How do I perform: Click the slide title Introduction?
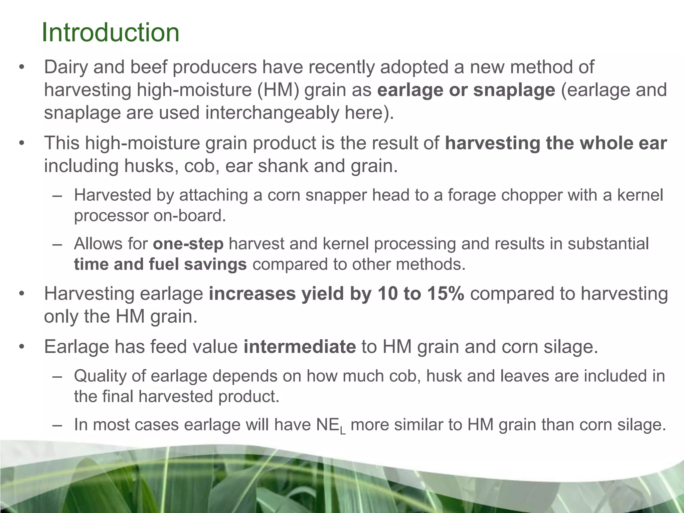coord(110,32)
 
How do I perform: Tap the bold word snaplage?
coord(514,90)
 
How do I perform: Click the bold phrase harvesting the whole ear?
coord(556,143)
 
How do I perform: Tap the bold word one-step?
coord(188,243)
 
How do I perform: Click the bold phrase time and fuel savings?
coord(160,264)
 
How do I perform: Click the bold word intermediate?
coord(300,346)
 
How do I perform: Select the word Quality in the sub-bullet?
coord(100,376)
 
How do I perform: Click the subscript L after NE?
coord(343,431)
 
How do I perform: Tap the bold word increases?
coord(252,294)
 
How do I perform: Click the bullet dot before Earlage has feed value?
coord(22,347)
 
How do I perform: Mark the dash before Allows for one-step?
coord(57,244)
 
